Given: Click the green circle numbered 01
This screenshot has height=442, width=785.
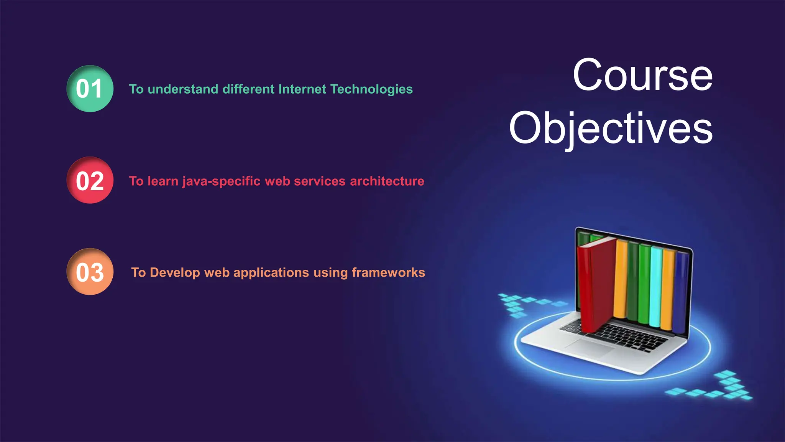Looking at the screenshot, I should [90, 89].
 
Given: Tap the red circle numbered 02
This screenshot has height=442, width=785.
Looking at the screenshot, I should [90, 180].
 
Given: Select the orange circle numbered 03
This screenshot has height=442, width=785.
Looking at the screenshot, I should [90, 272].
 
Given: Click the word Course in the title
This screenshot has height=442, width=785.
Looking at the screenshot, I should [642, 75].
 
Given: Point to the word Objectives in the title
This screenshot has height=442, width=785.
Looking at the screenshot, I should [611, 129].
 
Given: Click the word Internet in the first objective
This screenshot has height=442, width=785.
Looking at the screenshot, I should [302, 89].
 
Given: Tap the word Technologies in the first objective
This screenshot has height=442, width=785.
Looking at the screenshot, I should [371, 89].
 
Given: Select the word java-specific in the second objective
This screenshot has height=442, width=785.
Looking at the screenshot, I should [221, 181].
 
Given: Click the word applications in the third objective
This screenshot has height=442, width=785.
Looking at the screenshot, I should [271, 272].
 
